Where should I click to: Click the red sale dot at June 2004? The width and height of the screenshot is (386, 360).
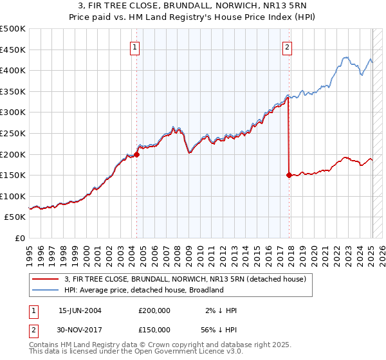pyautogui.click(x=136, y=154)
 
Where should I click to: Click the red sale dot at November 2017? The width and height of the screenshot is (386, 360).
pyautogui.click(x=289, y=174)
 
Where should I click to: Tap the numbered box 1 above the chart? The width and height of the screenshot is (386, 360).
pyautogui.click(x=135, y=46)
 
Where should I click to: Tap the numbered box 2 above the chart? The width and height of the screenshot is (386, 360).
pyautogui.click(x=287, y=46)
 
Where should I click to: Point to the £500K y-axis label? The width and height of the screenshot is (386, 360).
pyautogui.click(x=13, y=29)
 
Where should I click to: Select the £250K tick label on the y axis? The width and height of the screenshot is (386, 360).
pyautogui.click(x=13, y=133)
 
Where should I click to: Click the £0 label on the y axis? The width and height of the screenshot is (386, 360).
pyautogui.click(x=21, y=238)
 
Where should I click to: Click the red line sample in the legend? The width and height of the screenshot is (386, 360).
pyautogui.click(x=45, y=279)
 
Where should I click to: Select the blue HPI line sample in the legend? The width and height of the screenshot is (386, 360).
pyautogui.click(x=45, y=290)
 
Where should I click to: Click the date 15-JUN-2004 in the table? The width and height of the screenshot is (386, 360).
pyautogui.click(x=80, y=310)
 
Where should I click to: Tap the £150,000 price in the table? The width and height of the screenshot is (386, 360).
pyautogui.click(x=154, y=328)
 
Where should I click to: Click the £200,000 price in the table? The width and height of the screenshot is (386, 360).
pyautogui.click(x=154, y=310)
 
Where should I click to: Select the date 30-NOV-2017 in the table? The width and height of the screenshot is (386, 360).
pyautogui.click(x=80, y=328)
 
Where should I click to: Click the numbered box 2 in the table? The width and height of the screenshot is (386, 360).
pyautogui.click(x=33, y=328)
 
